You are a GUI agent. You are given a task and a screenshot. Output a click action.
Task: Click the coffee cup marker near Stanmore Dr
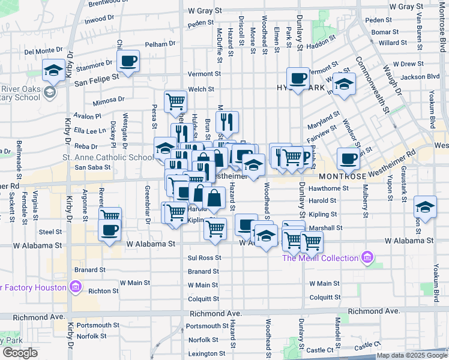coord(129,61)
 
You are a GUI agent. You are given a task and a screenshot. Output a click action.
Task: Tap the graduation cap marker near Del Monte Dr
coord(54,71)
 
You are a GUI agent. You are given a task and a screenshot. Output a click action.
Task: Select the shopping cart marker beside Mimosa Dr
coord(175,101)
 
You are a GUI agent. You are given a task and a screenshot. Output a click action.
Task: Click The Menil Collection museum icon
coord(368,259)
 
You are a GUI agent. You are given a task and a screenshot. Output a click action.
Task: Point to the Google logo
coord(20,353)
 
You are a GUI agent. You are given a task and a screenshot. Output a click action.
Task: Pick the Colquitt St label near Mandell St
coord(325,297)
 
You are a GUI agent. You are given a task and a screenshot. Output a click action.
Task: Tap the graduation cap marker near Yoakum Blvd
coord(425,206)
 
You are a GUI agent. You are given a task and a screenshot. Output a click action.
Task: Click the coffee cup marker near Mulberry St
coord(348,158)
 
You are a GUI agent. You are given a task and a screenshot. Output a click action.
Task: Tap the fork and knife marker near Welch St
coord(227,122)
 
